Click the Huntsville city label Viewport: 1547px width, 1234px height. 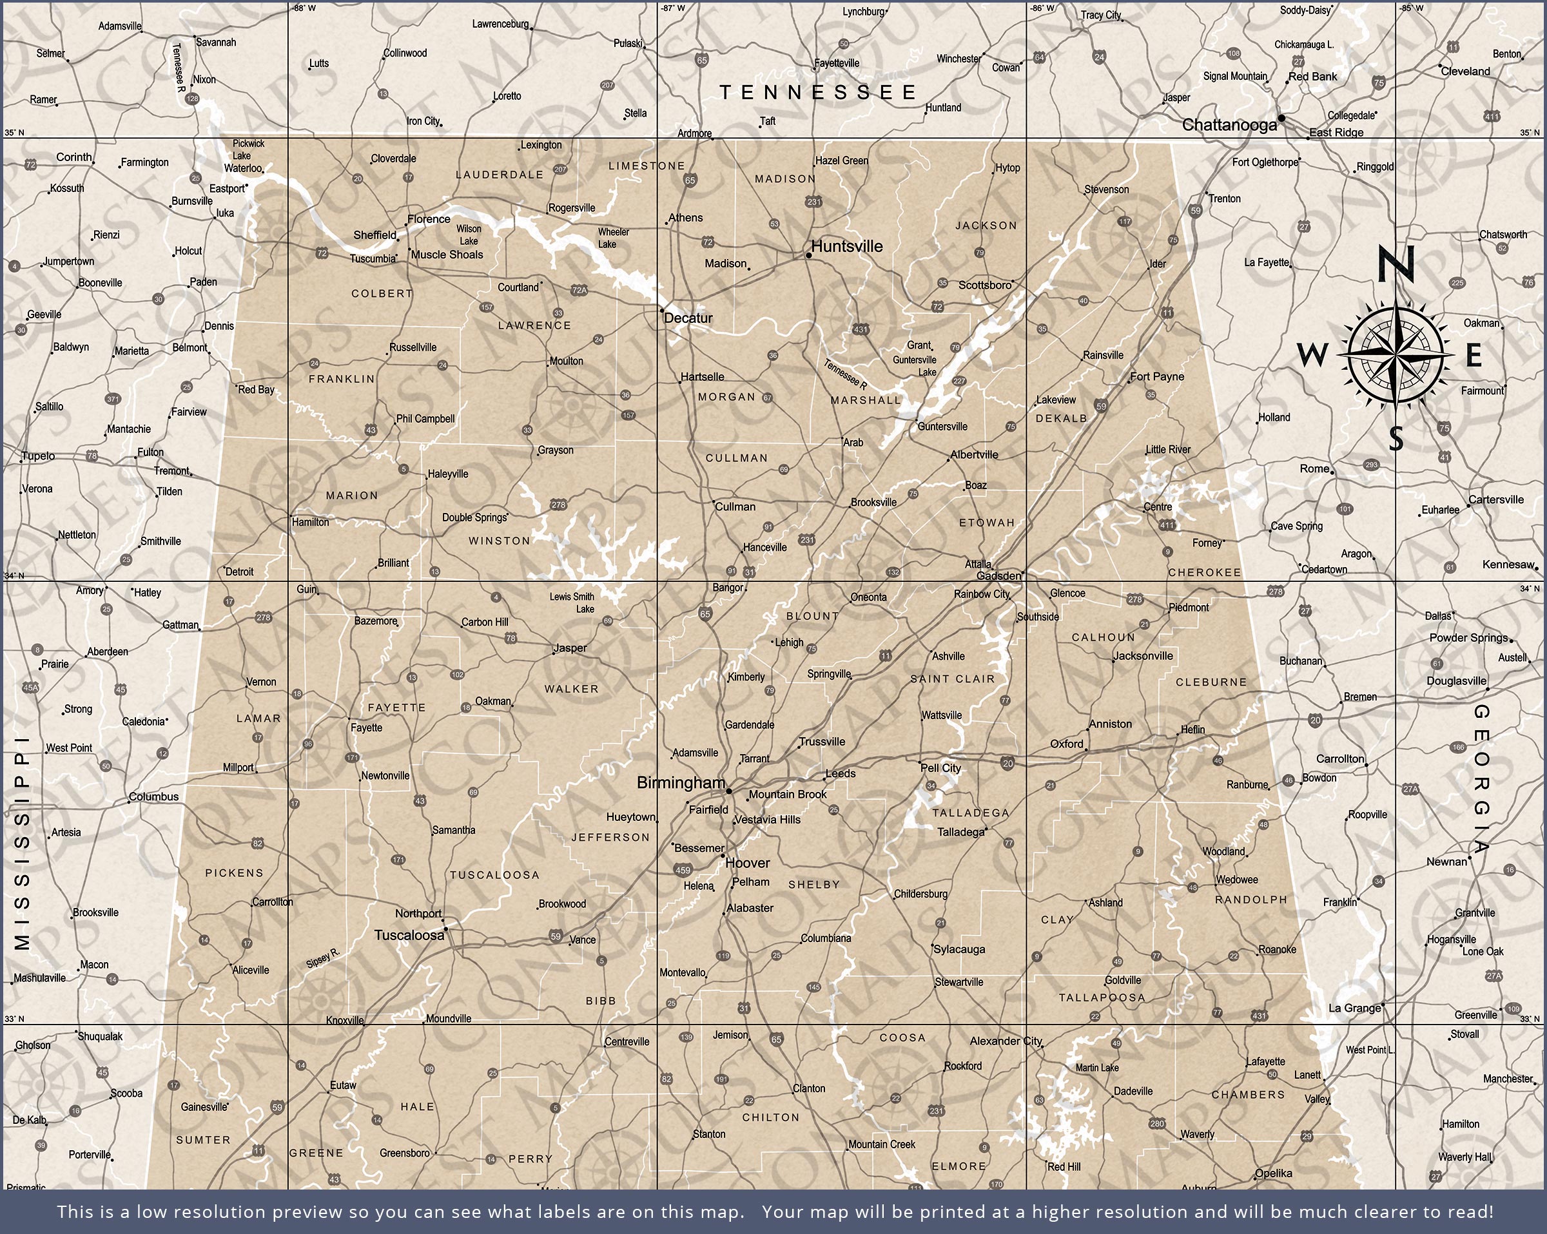click(x=847, y=246)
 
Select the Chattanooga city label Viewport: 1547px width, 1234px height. click(x=1229, y=125)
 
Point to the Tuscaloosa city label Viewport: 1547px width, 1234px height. click(x=409, y=935)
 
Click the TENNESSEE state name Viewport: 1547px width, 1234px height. click(x=818, y=92)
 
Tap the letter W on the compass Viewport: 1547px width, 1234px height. click(x=1312, y=354)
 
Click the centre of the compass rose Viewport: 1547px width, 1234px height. click(x=1396, y=354)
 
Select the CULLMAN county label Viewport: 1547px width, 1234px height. click(x=736, y=458)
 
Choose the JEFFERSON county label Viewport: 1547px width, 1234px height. click(x=610, y=837)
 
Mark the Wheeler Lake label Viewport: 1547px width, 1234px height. click(x=613, y=238)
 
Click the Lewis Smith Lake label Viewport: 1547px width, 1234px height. click(x=572, y=603)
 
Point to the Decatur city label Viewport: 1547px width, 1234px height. click(x=688, y=318)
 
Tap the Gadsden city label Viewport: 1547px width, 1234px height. click(x=999, y=575)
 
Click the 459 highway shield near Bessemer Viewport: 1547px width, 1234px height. click(x=683, y=871)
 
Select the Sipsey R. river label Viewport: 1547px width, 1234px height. click(x=322, y=958)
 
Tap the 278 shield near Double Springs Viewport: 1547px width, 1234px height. click(x=558, y=505)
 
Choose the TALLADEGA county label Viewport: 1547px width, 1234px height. click(x=970, y=813)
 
